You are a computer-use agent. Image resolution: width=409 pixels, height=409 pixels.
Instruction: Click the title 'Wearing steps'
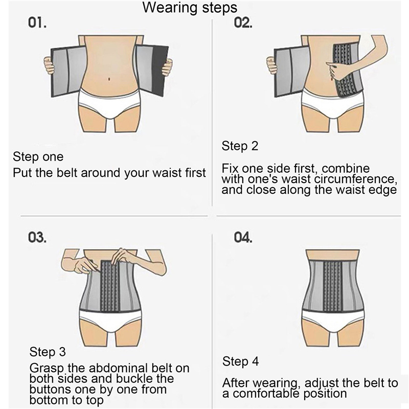(x=190, y=7)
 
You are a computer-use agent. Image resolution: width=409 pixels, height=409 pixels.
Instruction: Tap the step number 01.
(x=37, y=22)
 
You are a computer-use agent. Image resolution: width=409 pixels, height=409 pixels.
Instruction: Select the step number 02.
(x=243, y=22)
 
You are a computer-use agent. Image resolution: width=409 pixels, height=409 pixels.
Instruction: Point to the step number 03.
(x=37, y=237)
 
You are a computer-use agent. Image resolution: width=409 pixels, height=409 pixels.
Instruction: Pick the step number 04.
(x=243, y=237)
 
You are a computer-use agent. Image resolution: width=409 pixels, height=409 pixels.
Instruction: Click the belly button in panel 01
(x=109, y=78)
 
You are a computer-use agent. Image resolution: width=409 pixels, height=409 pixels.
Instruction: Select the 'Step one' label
(x=38, y=156)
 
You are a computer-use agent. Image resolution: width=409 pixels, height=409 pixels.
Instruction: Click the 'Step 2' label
(x=240, y=146)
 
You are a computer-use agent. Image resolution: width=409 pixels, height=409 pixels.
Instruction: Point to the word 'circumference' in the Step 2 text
(x=354, y=179)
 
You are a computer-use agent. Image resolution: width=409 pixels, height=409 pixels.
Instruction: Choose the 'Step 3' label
(x=48, y=352)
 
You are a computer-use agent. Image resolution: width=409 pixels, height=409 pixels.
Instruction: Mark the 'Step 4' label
(x=240, y=361)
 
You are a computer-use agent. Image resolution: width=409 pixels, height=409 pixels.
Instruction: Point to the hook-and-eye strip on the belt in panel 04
(x=333, y=286)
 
